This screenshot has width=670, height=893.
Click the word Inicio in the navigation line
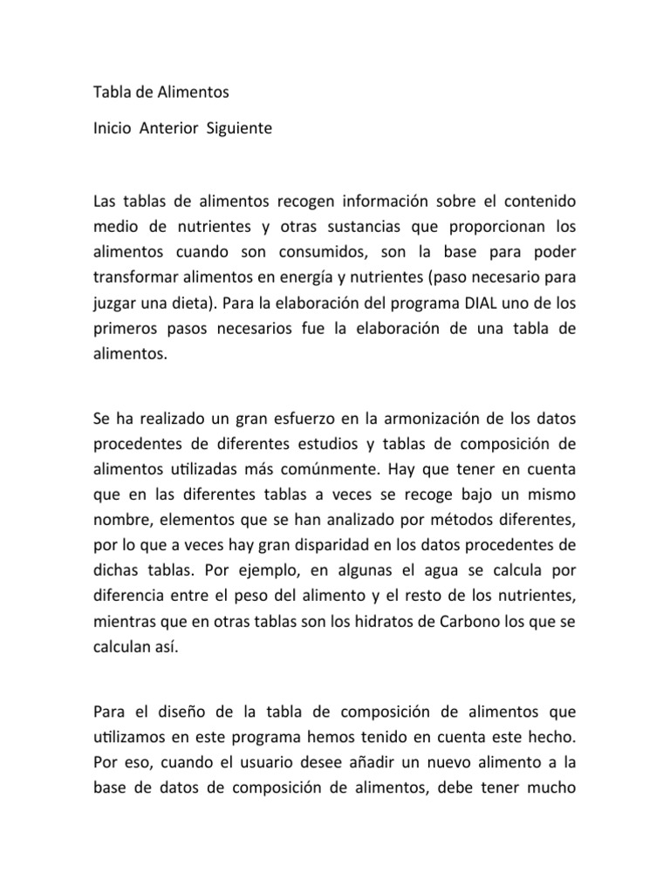tap(112, 128)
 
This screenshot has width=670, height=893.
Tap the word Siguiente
tap(238, 128)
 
